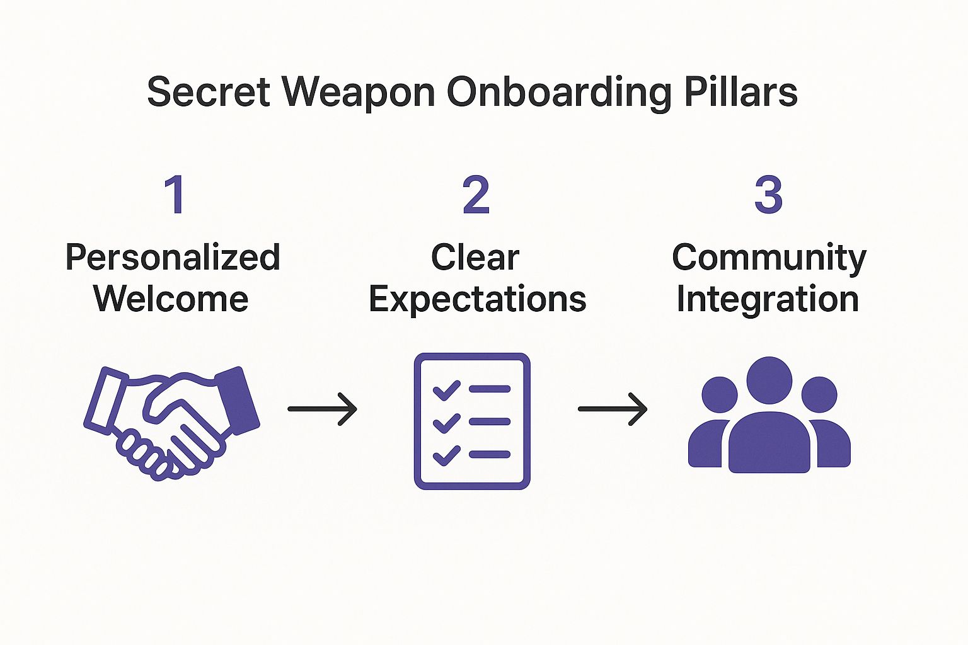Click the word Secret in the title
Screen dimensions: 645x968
point(209,93)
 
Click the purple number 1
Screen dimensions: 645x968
point(175,195)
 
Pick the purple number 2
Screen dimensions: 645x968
point(476,195)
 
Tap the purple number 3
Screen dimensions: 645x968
point(768,195)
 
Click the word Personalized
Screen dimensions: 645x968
point(173,258)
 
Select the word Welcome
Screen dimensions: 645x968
point(171,299)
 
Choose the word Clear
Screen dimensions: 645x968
point(475,258)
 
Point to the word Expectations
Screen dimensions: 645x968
point(478,299)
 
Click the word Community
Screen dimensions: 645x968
point(769,258)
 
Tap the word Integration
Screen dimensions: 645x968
point(768,299)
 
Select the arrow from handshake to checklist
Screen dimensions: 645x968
point(322,409)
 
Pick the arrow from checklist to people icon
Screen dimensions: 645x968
point(613,409)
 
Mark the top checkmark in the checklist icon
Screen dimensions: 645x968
point(446,391)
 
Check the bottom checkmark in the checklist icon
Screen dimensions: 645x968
point(446,455)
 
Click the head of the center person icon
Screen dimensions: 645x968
point(769,380)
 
